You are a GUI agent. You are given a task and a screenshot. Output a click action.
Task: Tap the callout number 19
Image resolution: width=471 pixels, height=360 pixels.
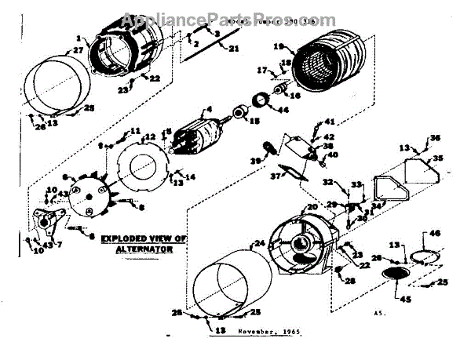279,47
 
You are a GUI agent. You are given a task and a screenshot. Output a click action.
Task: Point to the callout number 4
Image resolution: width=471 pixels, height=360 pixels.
210,109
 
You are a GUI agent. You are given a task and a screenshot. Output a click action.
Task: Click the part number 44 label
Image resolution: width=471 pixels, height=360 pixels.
282,109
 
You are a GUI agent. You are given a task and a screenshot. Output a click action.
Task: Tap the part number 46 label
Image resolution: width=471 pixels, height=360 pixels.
436,233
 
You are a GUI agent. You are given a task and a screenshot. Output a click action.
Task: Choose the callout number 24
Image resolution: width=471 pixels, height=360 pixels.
259,243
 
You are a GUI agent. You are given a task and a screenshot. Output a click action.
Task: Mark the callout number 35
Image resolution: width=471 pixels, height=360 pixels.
438,158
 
